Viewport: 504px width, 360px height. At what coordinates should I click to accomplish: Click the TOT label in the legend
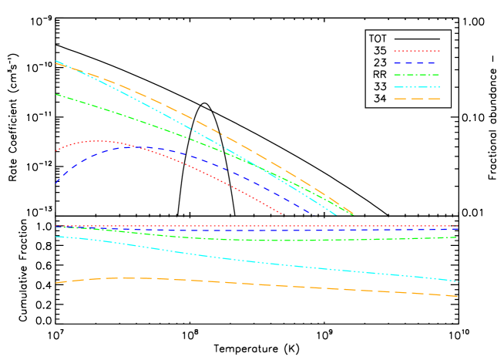click(x=378, y=39)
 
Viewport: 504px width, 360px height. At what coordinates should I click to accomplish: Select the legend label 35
click(x=380, y=51)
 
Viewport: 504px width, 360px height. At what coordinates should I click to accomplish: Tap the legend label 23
click(x=380, y=62)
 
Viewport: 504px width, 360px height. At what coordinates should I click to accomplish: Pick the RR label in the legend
click(x=380, y=75)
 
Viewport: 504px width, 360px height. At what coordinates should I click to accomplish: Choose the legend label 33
click(x=380, y=86)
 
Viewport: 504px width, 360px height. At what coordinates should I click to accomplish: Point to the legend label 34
click(x=380, y=99)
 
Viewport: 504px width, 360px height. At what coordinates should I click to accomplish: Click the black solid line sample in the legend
click(x=417, y=39)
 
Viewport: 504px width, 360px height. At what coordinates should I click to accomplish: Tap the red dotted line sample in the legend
click(x=417, y=51)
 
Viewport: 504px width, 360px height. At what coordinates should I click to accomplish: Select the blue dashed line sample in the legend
click(x=417, y=62)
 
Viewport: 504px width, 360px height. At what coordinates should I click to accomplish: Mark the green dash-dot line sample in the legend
click(x=417, y=75)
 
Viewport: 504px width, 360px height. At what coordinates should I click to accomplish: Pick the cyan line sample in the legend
click(x=417, y=86)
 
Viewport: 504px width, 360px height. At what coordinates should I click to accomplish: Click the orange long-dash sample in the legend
click(x=417, y=99)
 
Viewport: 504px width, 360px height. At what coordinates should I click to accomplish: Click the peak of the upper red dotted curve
click(x=99, y=141)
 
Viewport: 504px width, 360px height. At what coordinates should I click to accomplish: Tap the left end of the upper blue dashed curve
click(x=55, y=183)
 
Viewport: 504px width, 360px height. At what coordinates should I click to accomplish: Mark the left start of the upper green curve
click(x=55, y=94)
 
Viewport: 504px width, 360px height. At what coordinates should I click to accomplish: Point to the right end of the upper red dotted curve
click(x=281, y=214)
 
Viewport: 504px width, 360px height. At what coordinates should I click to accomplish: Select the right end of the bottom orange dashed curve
click(x=458, y=296)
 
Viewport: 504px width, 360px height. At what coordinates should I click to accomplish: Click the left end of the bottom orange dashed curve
click(x=55, y=283)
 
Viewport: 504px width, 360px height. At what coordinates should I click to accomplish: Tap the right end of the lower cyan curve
click(x=458, y=281)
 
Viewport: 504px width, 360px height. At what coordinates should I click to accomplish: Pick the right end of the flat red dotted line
click(x=458, y=226)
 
